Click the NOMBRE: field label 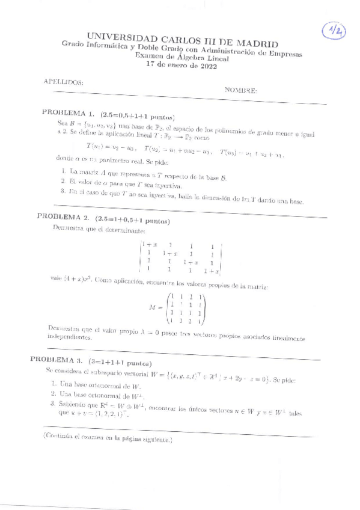point(241,90)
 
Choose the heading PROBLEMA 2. point(64,216)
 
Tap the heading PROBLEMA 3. point(58,359)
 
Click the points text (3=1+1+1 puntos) point(124,363)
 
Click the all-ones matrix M point(186,309)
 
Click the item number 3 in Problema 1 point(63,191)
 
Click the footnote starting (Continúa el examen point(108,439)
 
